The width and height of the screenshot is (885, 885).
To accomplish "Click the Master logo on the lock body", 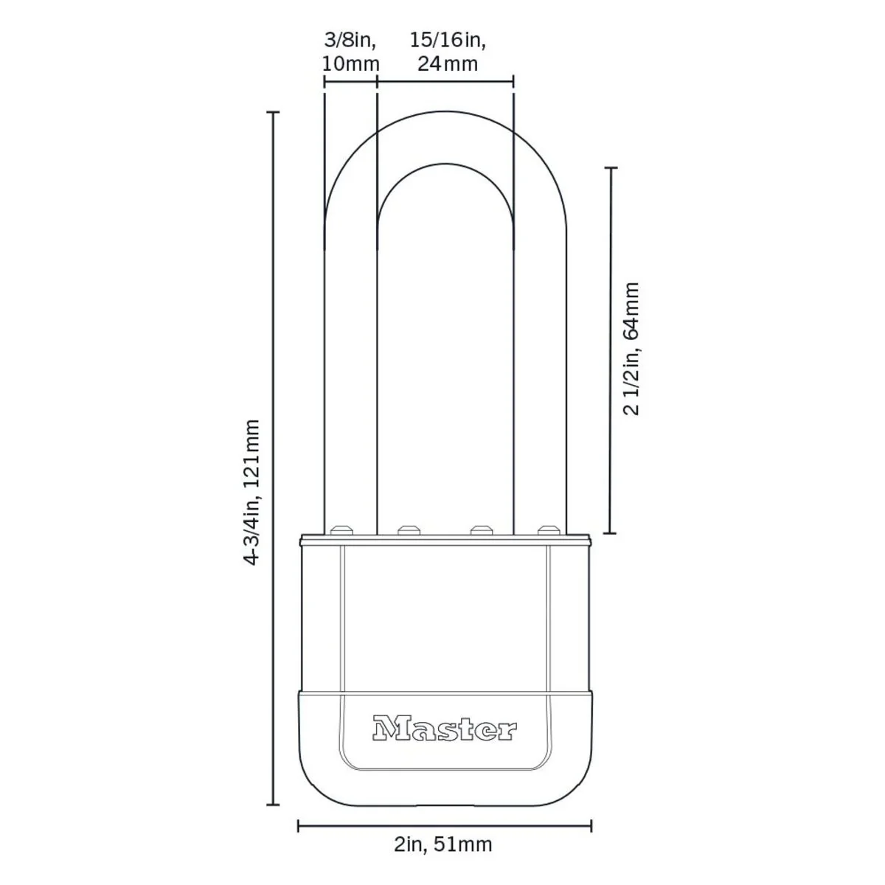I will click(445, 729).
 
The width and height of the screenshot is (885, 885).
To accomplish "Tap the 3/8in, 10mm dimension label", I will click(350, 51).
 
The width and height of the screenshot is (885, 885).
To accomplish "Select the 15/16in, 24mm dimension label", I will click(448, 51).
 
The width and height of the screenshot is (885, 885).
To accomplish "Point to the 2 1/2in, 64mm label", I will click(631, 348).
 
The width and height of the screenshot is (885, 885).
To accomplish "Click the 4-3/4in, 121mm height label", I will click(252, 492).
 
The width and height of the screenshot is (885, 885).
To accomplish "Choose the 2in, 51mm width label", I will click(443, 844).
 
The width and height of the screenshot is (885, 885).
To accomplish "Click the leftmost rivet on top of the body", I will click(341, 529).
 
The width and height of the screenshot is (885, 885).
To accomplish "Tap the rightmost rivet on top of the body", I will click(546, 529).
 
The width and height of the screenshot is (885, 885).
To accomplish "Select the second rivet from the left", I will click(408, 529).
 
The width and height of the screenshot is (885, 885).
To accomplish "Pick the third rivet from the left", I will click(481, 529).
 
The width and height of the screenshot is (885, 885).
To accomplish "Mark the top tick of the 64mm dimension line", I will click(610, 168).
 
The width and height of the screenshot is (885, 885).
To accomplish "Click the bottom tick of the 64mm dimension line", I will click(610, 532).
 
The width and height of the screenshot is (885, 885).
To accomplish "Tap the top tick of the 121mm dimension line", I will click(274, 112).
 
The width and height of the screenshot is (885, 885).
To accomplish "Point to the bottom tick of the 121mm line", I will click(274, 805).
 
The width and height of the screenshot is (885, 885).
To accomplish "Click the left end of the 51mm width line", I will click(298, 826).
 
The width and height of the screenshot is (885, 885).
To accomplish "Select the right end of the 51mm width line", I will click(591, 826).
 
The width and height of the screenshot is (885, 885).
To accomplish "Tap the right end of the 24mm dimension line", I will click(513, 81).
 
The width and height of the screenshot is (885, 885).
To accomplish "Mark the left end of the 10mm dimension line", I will click(324, 81).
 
